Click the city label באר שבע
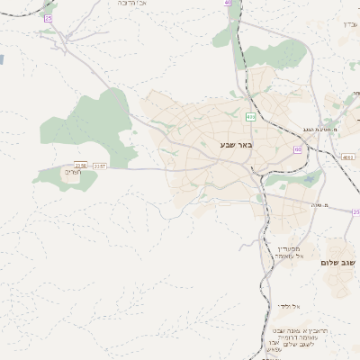click(237, 145)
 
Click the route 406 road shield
click(249, 117)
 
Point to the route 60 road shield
click(297, 149)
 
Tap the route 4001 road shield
click(348, 157)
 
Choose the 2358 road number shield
click(81, 166)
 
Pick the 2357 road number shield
click(99, 166)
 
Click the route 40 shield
click(228, 3)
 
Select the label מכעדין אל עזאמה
click(290, 252)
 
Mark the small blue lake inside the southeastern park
click(311, 177)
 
